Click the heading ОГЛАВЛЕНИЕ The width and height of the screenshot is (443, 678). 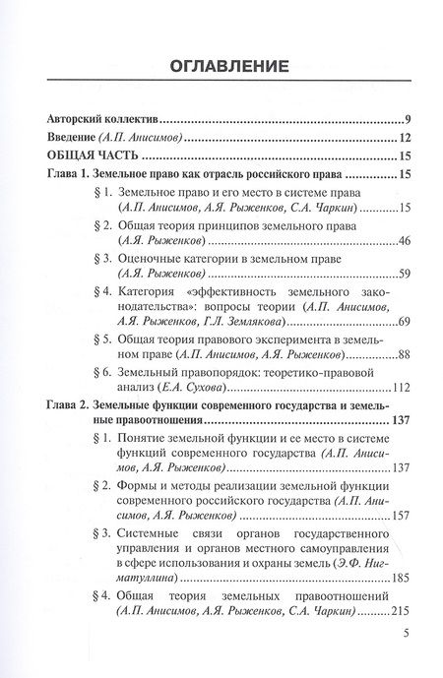(221, 67)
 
